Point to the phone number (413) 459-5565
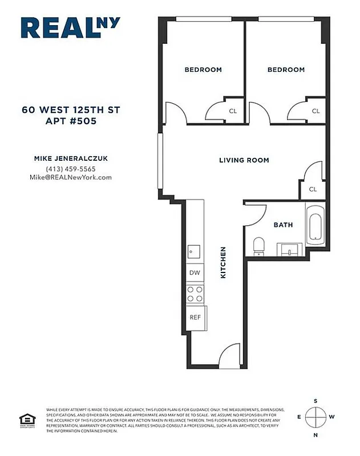tap(71, 169)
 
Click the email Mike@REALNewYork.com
tap(71, 177)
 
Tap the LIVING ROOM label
tap(244, 160)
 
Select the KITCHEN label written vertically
tap(224, 263)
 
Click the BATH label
tap(283, 225)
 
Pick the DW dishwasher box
tap(195, 273)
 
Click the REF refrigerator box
tap(195, 317)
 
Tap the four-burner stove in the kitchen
tap(195, 294)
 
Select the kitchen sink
tap(193, 251)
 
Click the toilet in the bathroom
tap(258, 245)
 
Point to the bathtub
tap(315, 226)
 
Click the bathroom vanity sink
tap(292, 249)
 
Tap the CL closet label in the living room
tap(313, 189)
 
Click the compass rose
tap(315, 417)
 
